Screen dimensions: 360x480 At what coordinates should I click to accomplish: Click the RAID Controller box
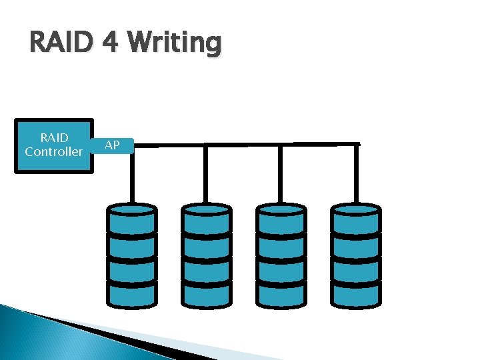coord(54,145)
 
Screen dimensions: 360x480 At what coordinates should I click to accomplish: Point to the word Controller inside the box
coord(54,152)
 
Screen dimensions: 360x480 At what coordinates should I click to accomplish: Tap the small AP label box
coord(113,145)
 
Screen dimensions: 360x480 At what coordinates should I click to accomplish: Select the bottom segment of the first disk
coord(132,292)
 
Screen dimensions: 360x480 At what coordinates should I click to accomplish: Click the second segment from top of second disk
coord(207,244)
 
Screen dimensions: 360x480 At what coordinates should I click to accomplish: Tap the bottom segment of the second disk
coord(207,292)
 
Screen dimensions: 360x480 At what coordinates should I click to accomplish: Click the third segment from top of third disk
coord(281,268)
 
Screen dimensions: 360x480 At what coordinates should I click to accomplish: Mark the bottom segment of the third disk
coord(281,292)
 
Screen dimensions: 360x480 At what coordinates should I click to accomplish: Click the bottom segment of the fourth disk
coord(356,292)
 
